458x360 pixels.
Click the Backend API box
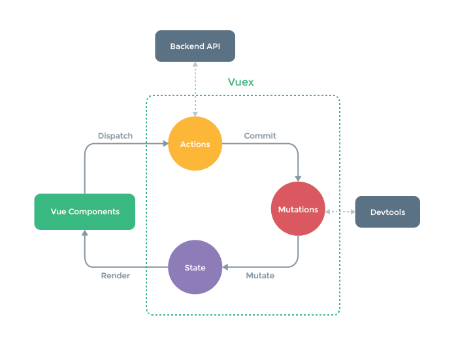(x=194, y=46)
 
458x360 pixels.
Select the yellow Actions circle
(x=195, y=144)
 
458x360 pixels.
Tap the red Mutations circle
(x=298, y=209)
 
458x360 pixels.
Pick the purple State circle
(x=195, y=267)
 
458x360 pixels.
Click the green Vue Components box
(x=85, y=212)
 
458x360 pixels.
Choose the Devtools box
(x=387, y=212)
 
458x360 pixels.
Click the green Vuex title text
(x=240, y=82)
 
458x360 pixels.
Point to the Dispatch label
(x=115, y=136)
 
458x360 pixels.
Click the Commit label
(x=260, y=136)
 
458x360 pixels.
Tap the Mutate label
(x=260, y=276)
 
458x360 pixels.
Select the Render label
(x=115, y=276)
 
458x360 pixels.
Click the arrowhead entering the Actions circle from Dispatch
(x=165, y=144)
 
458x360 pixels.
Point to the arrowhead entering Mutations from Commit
(x=298, y=178)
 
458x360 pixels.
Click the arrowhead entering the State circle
(x=225, y=267)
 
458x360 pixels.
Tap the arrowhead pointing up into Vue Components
(x=85, y=233)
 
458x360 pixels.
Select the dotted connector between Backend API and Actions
(x=195, y=89)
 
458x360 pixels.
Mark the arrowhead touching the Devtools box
(x=352, y=212)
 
